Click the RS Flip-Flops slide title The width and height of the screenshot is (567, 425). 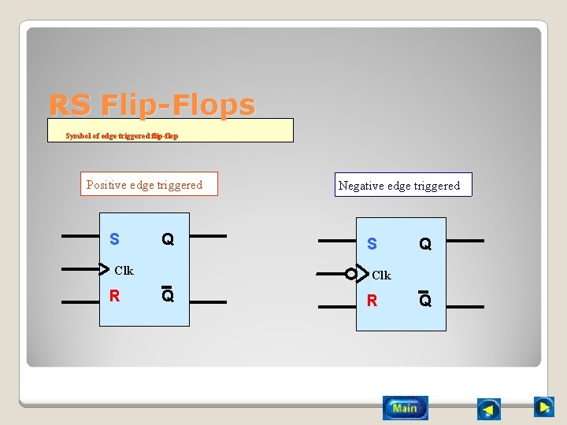[x=152, y=105]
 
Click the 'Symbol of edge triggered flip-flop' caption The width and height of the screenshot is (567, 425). [x=122, y=135]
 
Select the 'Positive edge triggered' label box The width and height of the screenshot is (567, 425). [x=148, y=185]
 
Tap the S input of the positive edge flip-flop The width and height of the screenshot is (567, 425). [x=115, y=238]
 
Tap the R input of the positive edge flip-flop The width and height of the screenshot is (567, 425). [x=115, y=297]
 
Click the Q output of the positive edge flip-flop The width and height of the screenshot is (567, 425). [x=167, y=238]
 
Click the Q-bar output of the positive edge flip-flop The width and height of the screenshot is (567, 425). [x=167, y=296]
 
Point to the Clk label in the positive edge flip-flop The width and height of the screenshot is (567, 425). [x=124, y=271]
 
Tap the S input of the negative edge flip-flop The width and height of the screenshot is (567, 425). [x=372, y=244]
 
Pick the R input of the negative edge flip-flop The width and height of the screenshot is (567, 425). [x=372, y=301]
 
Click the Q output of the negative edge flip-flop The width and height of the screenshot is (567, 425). [x=425, y=244]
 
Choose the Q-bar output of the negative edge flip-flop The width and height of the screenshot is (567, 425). [x=425, y=300]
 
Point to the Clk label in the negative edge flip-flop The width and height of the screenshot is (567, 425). [x=381, y=275]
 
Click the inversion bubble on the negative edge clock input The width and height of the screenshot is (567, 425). [x=351, y=274]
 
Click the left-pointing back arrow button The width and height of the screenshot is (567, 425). [x=489, y=409]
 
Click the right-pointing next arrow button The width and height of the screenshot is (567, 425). [x=544, y=406]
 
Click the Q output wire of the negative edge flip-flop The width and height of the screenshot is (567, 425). [x=465, y=241]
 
